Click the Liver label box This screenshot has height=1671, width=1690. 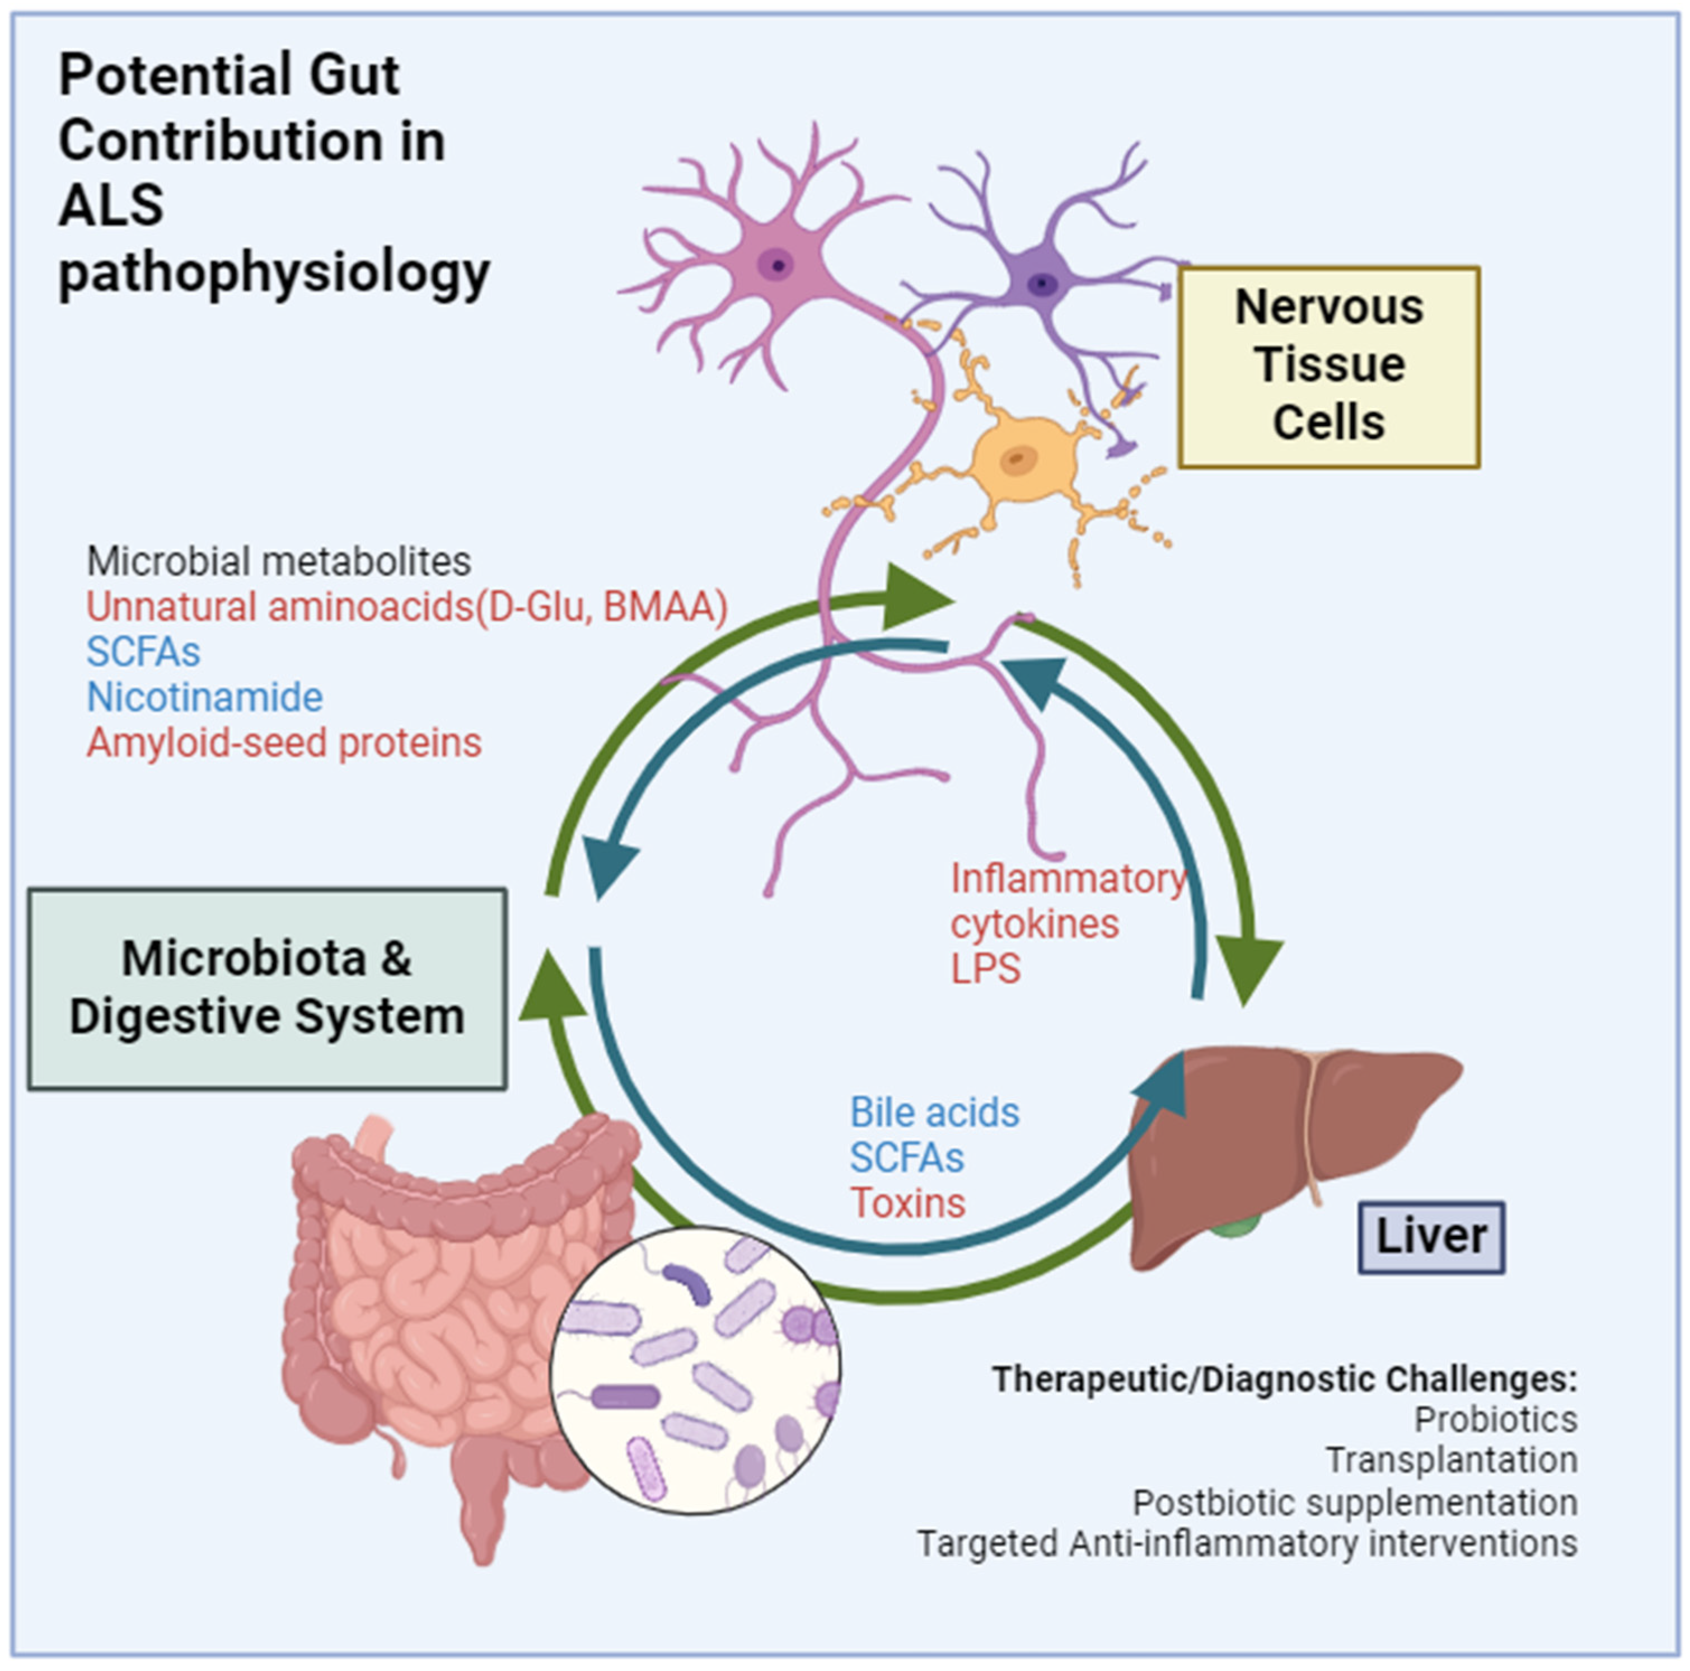[1431, 1236]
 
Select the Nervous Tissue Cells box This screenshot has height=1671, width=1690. [1329, 367]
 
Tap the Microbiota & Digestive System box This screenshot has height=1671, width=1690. [267, 988]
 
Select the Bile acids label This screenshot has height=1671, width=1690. [934, 1113]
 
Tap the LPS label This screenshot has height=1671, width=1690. [985, 969]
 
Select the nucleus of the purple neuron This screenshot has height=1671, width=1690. [1042, 283]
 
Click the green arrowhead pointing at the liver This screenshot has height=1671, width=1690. [1249, 970]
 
